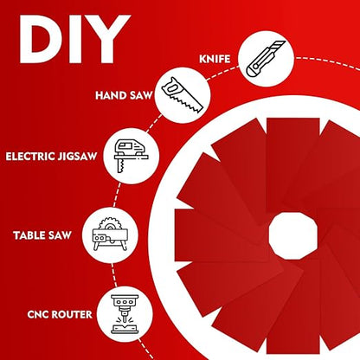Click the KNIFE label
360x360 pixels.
pyautogui.click(x=215, y=59)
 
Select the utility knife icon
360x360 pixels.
pyautogui.click(x=266, y=59)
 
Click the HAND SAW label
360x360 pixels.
pyautogui.click(x=124, y=95)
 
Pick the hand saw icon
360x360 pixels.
pyautogui.click(x=183, y=95)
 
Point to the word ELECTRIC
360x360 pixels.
pyautogui.click(x=30, y=157)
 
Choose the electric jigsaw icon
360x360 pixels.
pyautogui.click(x=132, y=156)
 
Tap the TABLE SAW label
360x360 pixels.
pyautogui.click(x=42, y=235)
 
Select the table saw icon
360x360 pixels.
pyautogui.click(x=110, y=234)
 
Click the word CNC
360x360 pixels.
pyautogui.click(x=39, y=314)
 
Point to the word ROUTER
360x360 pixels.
pyautogui.click(x=73, y=314)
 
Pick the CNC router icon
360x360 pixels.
pyautogui.click(x=125, y=314)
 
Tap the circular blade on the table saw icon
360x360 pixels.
pyautogui.click(x=109, y=224)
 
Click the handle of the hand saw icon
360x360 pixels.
pyautogui.click(x=171, y=87)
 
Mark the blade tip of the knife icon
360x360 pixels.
pyautogui.click(x=283, y=42)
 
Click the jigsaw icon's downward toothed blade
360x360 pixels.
pyautogui.click(x=120, y=166)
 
